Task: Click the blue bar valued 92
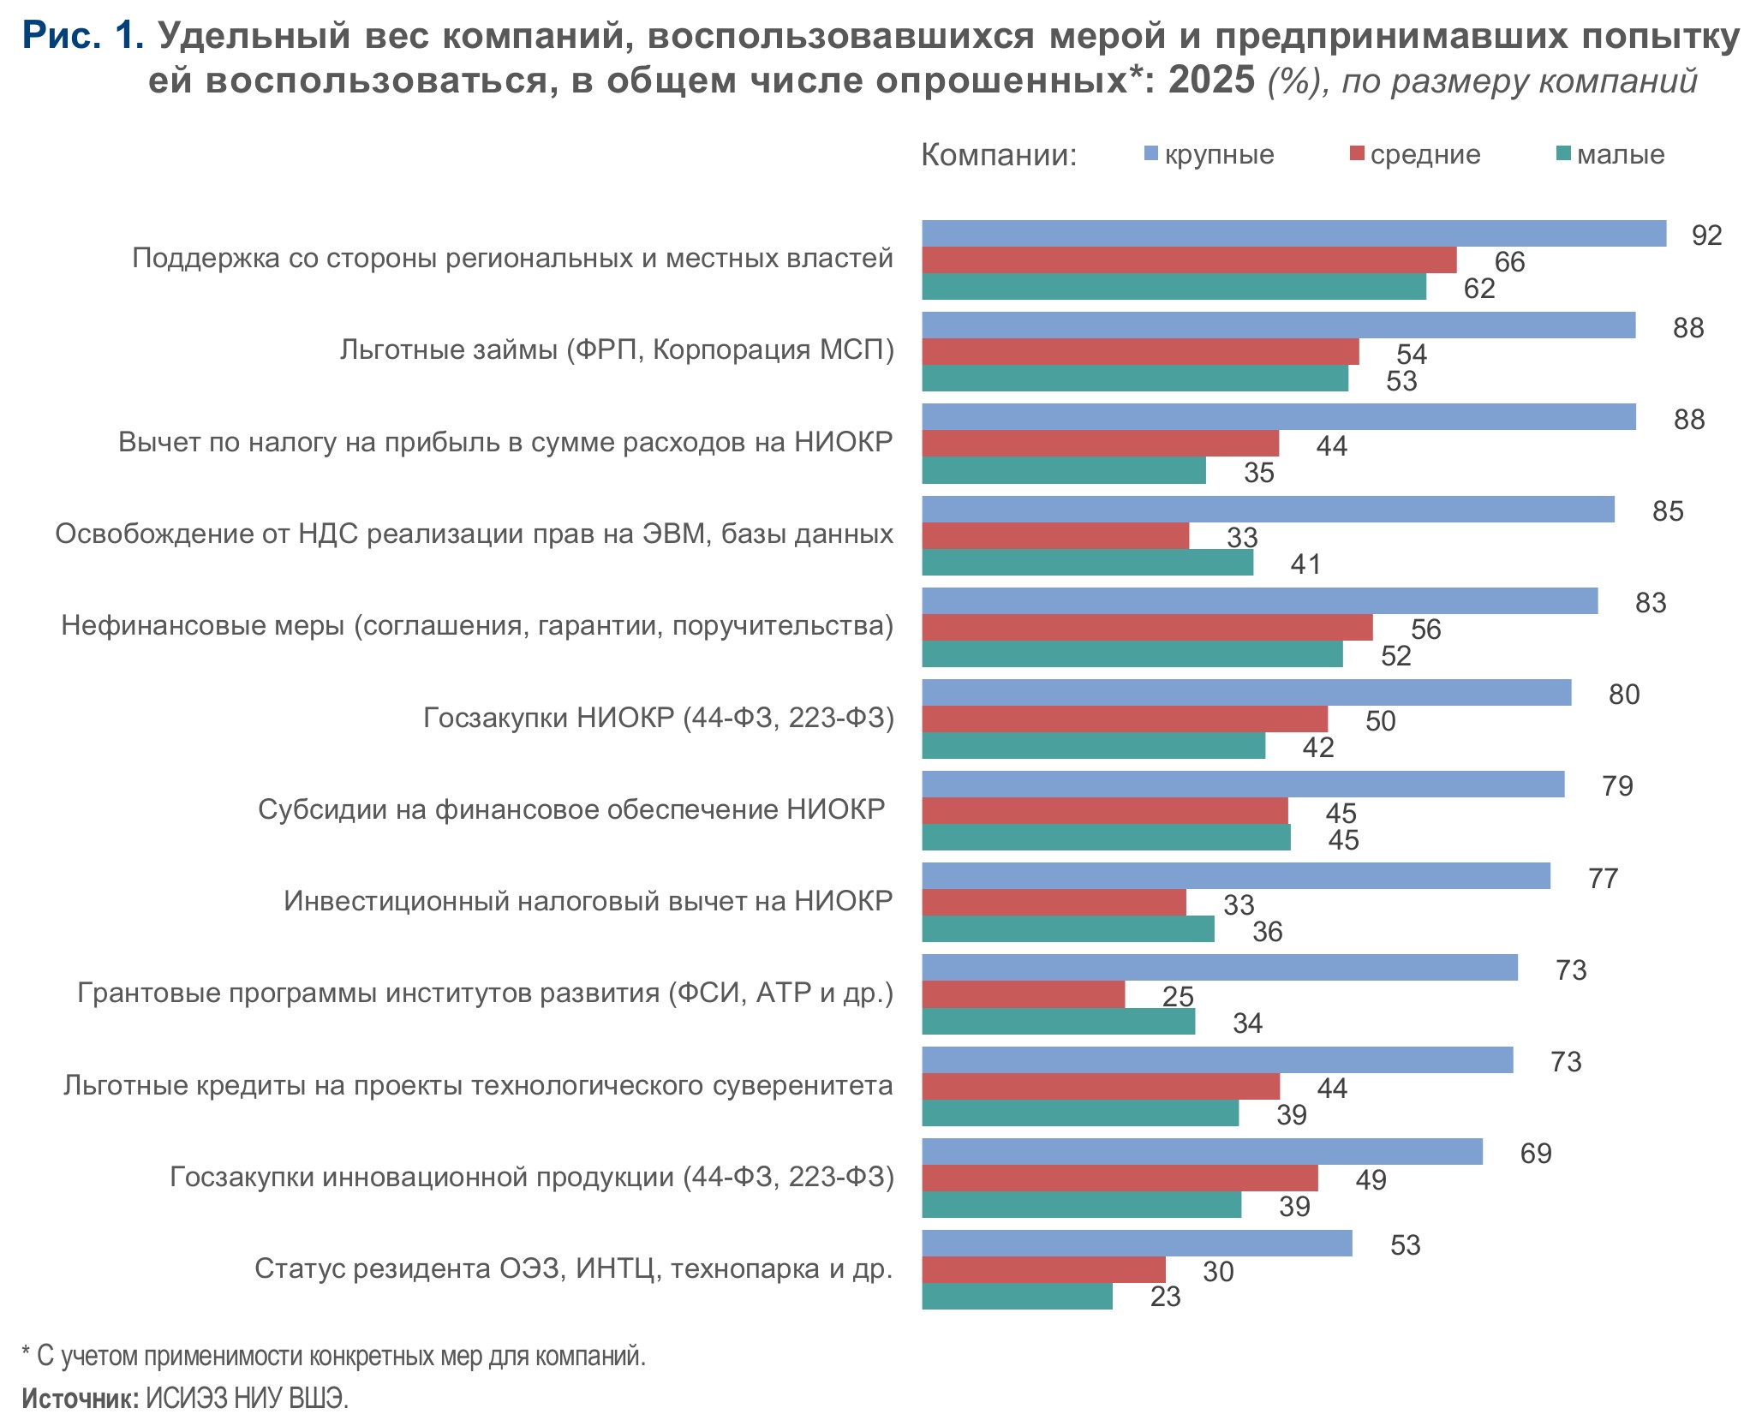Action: (x=1293, y=234)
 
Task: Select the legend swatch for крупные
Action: (x=1151, y=154)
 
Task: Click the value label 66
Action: (x=1509, y=262)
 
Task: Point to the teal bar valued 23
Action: (x=1017, y=1297)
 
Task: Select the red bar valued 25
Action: (x=1023, y=995)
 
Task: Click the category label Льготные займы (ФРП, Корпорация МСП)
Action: (x=616, y=349)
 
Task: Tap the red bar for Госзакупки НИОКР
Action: (x=1124, y=719)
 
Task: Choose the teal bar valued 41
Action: (x=1087, y=563)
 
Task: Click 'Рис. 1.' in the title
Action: (x=82, y=36)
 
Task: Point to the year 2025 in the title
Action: (x=1211, y=81)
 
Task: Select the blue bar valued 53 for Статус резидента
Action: (x=1137, y=1244)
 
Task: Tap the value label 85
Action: (x=1667, y=511)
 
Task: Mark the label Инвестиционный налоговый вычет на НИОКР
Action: (x=588, y=901)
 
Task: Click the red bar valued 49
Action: (x=1120, y=1178)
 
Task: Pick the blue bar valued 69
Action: (x=1202, y=1152)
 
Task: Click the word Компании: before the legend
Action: (x=998, y=155)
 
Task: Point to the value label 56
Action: (x=1425, y=629)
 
